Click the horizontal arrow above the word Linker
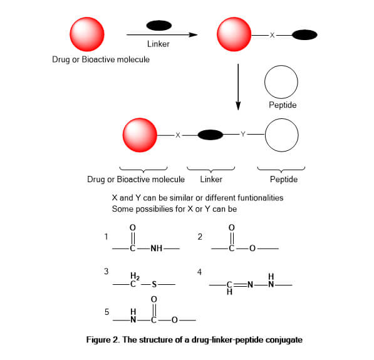pos(162,35)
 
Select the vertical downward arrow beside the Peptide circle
pos(238,87)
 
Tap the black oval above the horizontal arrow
pos(159,26)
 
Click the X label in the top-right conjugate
pos(272,35)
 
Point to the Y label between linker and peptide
pos(243,134)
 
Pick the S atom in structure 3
pos(154,284)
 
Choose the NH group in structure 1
pos(157,249)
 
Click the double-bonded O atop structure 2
pos(232,228)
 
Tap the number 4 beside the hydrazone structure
pos(199,272)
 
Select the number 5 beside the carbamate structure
pos(107,312)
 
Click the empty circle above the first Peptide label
pos(281,82)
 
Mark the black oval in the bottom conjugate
pos(210,135)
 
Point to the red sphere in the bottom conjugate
pos(140,135)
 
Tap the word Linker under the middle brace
pos(211,179)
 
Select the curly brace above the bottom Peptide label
pos(281,169)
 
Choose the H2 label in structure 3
pos(135,276)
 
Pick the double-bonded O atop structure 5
pos(154,299)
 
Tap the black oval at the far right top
pos(304,35)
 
